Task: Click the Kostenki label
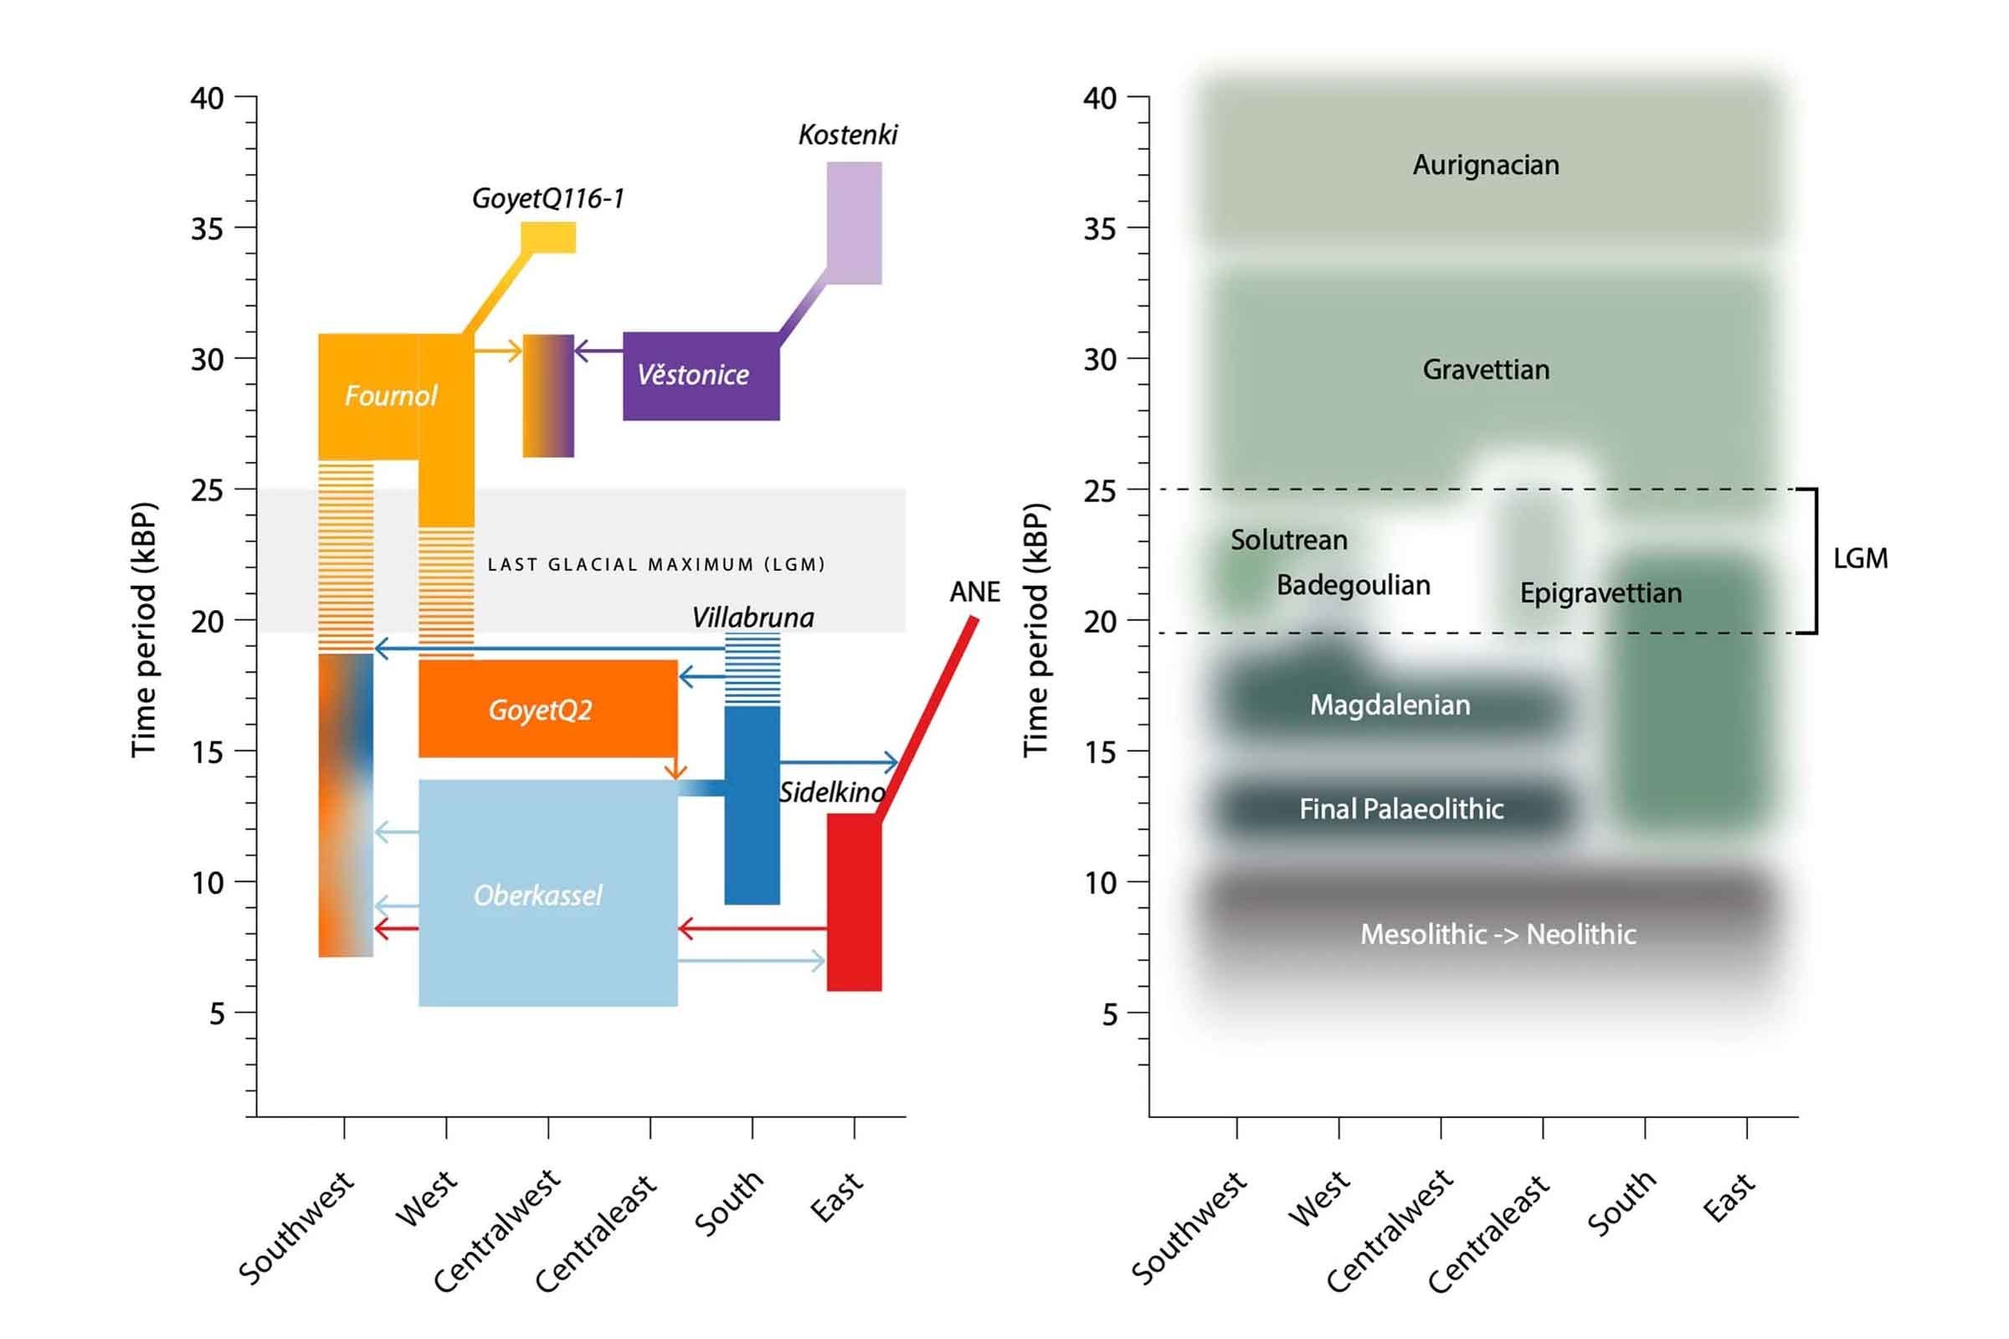pos(847,135)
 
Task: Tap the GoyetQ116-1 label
pos(547,199)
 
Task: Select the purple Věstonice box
pos(701,376)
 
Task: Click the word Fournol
pos(390,395)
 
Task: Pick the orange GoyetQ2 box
pos(547,709)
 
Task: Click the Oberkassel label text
pos(537,895)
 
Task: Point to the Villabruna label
pos(753,618)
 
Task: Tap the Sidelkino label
pos(831,793)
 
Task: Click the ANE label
pos(974,592)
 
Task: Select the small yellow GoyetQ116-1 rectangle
pos(548,238)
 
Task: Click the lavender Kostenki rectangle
pos(854,223)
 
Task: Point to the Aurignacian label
pos(1485,165)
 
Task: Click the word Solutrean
pos(1288,540)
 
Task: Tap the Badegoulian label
pos(1353,585)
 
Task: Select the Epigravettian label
pos(1600,593)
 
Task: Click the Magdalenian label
pos(1390,705)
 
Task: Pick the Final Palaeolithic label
pos(1400,808)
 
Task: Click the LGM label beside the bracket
pos(1860,558)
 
